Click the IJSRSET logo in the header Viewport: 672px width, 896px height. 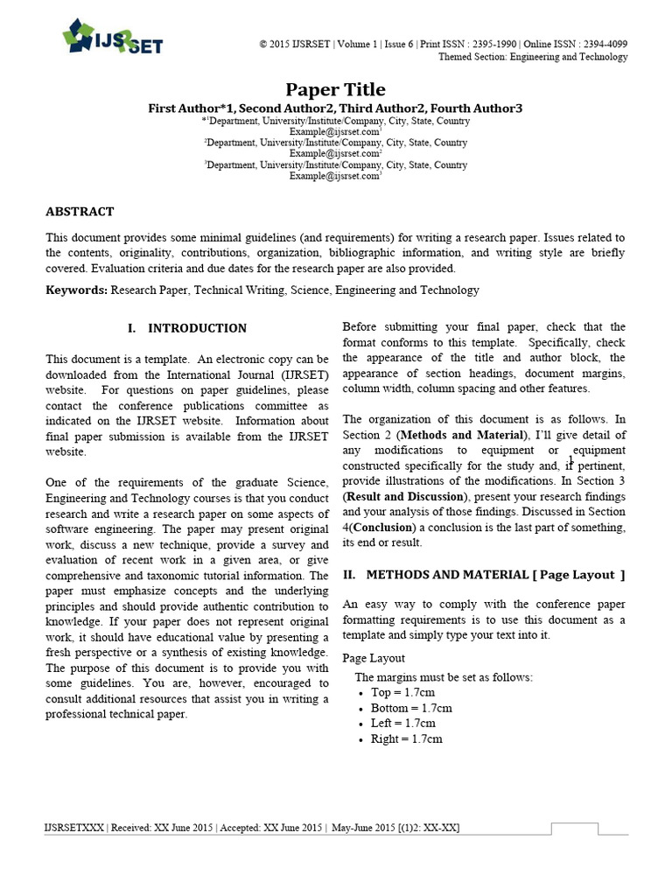[x=112, y=38]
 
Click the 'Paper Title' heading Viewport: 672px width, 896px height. [x=336, y=89]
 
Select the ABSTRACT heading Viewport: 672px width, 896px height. [x=80, y=212]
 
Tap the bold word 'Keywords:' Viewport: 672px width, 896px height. [x=77, y=290]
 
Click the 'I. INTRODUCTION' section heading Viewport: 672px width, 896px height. [x=187, y=328]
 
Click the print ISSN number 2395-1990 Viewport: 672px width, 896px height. [x=494, y=44]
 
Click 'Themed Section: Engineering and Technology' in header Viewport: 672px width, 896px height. [x=532, y=57]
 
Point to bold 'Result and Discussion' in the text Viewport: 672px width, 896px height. [x=400, y=497]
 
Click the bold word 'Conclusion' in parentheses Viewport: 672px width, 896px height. [x=383, y=528]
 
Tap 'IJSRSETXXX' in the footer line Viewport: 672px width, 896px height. [x=73, y=828]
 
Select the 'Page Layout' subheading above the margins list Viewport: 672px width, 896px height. [x=374, y=658]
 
